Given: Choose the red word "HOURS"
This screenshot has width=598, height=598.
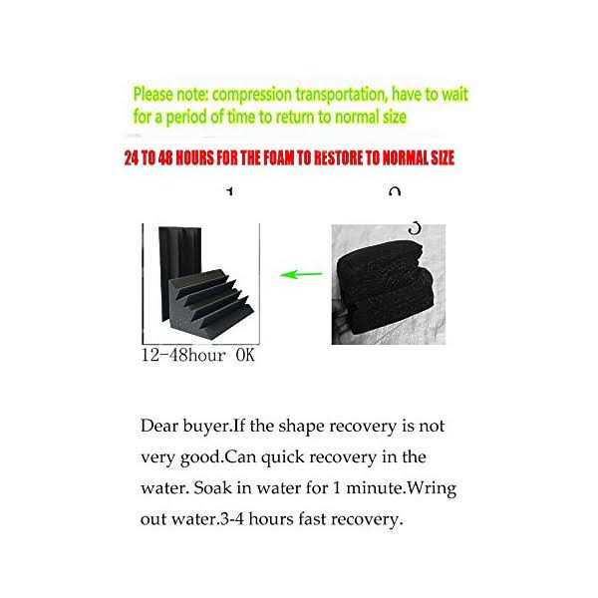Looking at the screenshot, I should (190, 158).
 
